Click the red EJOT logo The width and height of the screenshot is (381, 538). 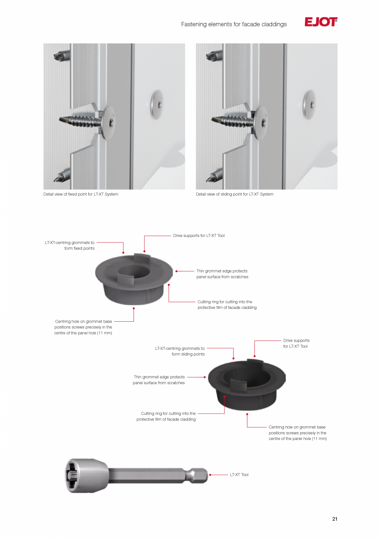[321, 22]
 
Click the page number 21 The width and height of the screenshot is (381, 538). [335, 519]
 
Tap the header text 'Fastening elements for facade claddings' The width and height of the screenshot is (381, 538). [234, 24]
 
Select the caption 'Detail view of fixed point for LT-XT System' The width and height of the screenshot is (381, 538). [81, 194]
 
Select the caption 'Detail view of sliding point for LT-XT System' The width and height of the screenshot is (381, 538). [234, 194]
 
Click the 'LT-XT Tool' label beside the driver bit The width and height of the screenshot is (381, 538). [239, 475]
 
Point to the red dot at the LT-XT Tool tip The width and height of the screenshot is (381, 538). [210, 475]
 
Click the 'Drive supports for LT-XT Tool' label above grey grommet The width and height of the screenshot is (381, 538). [199, 236]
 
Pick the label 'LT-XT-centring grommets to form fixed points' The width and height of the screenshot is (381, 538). [70, 246]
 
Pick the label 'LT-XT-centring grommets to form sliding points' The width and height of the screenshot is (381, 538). [180, 351]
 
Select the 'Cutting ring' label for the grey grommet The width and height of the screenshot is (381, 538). [227, 305]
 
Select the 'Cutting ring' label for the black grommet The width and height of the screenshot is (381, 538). [166, 416]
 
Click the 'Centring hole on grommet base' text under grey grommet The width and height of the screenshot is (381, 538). [83, 327]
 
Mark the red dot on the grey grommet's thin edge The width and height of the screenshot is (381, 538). [176, 271]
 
